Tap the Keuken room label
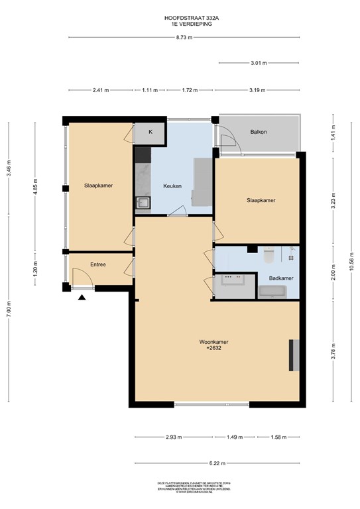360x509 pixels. click(172, 186)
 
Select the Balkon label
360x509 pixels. click(259, 132)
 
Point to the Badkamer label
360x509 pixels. click(280, 278)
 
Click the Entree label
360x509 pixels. click(99, 265)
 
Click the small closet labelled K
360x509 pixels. click(150, 132)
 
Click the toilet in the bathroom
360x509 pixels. click(269, 254)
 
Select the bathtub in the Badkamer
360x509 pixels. click(272, 291)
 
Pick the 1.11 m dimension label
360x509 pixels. click(150, 89)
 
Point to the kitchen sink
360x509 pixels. click(142, 203)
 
